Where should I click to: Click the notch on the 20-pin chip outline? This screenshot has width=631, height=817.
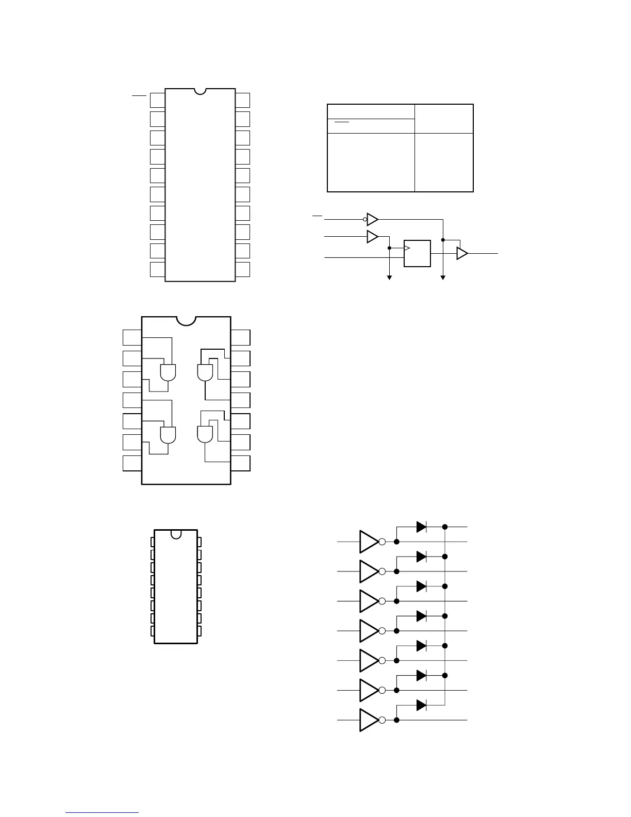click(200, 91)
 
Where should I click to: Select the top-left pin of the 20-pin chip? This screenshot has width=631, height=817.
click(157, 101)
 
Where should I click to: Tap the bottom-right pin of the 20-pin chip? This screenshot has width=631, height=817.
click(242, 269)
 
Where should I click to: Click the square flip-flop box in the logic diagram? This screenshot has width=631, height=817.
click(417, 253)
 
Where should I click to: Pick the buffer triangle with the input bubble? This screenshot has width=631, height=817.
click(372, 219)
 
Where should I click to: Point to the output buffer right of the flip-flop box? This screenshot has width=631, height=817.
click(462, 253)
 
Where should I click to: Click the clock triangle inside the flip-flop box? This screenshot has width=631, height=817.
click(407, 248)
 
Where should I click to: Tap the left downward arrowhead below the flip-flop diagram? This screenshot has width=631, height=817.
click(390, 277)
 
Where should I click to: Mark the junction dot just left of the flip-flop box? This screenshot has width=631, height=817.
click(389, 248)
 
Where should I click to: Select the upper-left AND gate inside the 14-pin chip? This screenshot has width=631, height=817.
click(168, 372)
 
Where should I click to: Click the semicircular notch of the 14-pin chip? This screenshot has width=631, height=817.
click(186, 320)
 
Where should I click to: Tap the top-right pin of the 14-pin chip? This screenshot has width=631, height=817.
click(240, 338)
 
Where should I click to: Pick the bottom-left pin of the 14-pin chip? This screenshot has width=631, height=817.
click(132, 463)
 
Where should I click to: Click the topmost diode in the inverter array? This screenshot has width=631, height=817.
click(421, 527)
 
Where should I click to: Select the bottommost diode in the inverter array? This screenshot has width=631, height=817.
click(421, 705)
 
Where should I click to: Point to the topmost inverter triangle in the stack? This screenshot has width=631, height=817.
click(369, 542)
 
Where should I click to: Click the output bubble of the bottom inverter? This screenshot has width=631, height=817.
click(382, 720)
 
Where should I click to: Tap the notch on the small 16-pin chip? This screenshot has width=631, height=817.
click(176, 534)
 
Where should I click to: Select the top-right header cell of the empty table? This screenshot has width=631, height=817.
click(444, 119)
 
